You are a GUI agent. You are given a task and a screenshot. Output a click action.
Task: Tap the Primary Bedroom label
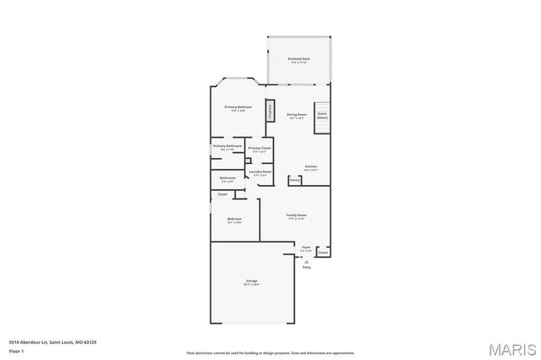[x=238, y=108]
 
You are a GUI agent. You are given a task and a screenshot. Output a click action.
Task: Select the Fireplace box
[x=270, y=110]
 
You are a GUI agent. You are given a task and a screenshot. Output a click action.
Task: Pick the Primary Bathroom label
[x=227, y=148]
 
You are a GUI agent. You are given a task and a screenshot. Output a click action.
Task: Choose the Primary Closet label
[x=260, y=150]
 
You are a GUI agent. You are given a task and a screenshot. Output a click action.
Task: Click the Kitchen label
[x=310, y=168]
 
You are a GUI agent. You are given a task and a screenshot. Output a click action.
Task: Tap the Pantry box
[x=294, y=180]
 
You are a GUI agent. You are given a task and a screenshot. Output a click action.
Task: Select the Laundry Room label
[x=260, y=173]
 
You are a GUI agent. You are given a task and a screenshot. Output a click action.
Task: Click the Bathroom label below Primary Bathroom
[x=227, y=179]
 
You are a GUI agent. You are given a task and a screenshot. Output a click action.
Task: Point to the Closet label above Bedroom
[x=222, y=194]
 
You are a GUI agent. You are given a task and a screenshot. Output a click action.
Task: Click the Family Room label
[x=296, y=216]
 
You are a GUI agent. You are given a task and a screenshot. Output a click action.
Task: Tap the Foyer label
[x=306, y=248]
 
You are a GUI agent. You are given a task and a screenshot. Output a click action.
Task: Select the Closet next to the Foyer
[x=322, y=252]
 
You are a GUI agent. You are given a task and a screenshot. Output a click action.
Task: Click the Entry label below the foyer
[x=306, y=268]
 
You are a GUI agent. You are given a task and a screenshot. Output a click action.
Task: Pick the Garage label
[x=251, y=281]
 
